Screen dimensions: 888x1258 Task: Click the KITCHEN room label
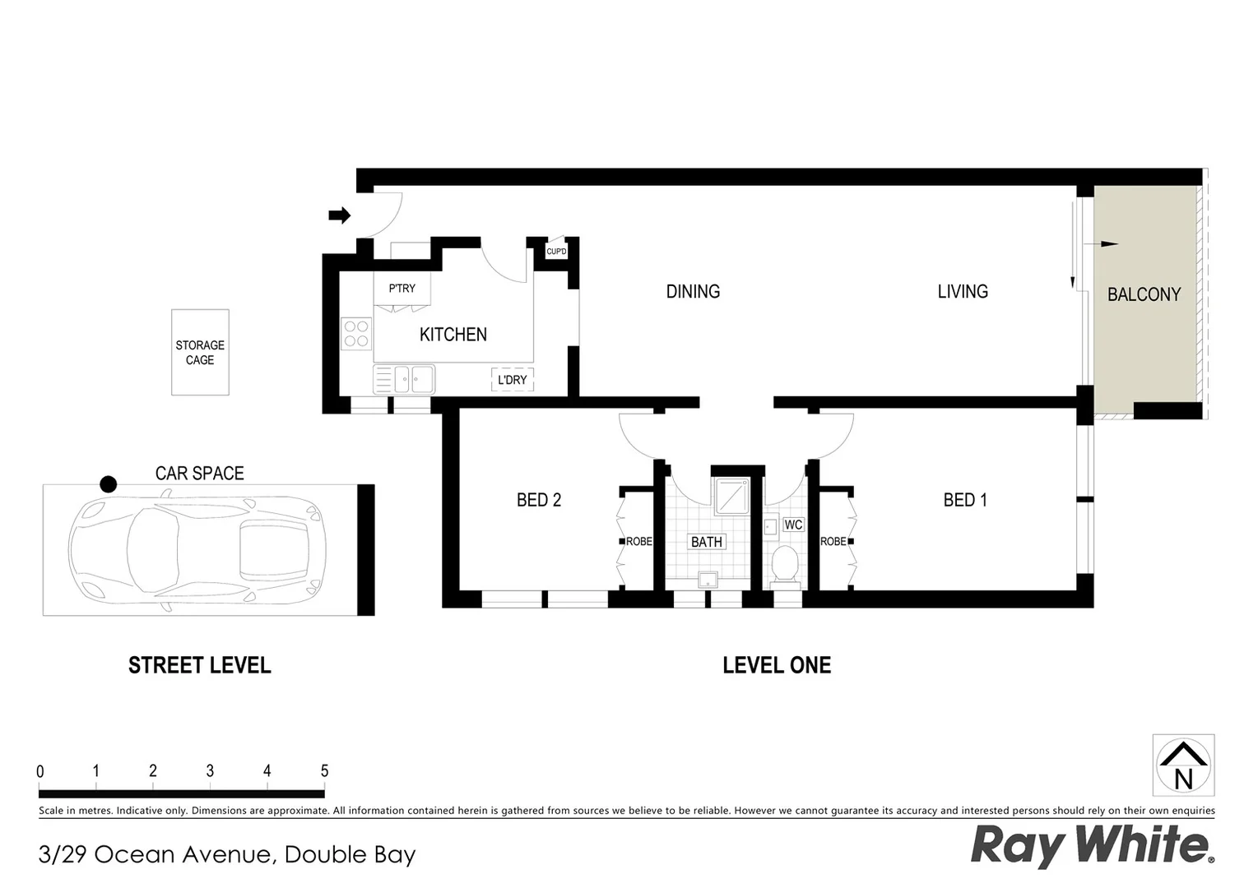coord(453,335)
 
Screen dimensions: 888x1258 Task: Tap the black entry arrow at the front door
coord(339,215)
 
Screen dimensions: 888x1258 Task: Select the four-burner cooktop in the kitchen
coord(356,334)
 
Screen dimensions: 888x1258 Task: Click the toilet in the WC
coord(785,565)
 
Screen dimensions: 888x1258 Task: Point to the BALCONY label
coord(1143,294)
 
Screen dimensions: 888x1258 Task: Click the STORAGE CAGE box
coord(200,353)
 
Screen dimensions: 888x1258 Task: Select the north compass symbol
coord(1183,765)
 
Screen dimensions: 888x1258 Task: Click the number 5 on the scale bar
coord(324,771)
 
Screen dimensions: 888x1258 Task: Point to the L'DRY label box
coord(512,380)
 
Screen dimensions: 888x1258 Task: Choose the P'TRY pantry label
coord(402,289)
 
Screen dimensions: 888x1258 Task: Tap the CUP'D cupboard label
coord(556,252)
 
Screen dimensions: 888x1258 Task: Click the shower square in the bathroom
coord(731,496)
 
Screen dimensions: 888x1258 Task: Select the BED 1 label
coord(964,500)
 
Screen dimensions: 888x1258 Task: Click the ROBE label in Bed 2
coord(638,542)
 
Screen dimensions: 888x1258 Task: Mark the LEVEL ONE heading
coord(776,665)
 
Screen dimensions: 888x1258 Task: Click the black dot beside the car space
coord(108,484)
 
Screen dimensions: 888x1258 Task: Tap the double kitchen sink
coord(413,380)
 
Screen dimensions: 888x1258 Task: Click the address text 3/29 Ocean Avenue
coord(226,855)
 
